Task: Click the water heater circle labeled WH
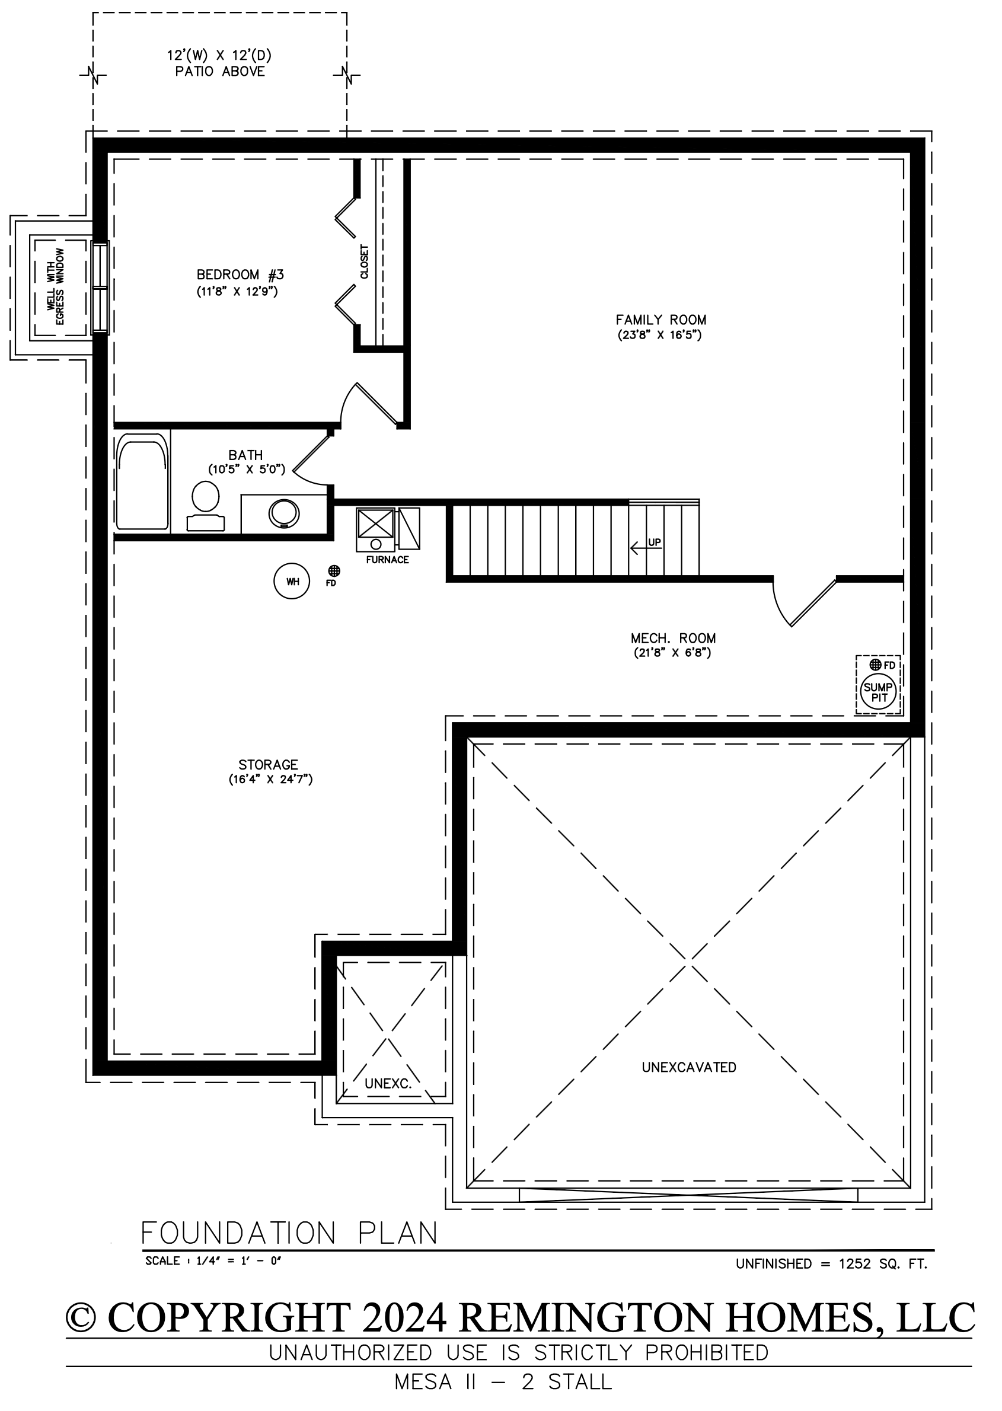pos(291,581)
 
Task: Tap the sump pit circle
pos(879,692)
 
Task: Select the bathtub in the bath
pos(142,481)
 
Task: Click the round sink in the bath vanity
pos(285,513)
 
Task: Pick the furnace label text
pos(388,560)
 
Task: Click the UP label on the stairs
pos(655,542)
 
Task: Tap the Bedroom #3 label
pos(240,274)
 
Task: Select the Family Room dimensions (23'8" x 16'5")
pos(660,335)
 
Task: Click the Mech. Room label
pos(673,638)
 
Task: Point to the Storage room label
pos(269,764)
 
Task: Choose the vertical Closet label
pos(364,261)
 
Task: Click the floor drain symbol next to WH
pos(334,571)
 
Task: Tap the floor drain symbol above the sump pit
pos(875,665)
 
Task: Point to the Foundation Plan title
pos(289,1233)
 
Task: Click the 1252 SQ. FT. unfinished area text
pos(883,1263)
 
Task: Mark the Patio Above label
pos(221,72)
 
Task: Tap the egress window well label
pos(56,286)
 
